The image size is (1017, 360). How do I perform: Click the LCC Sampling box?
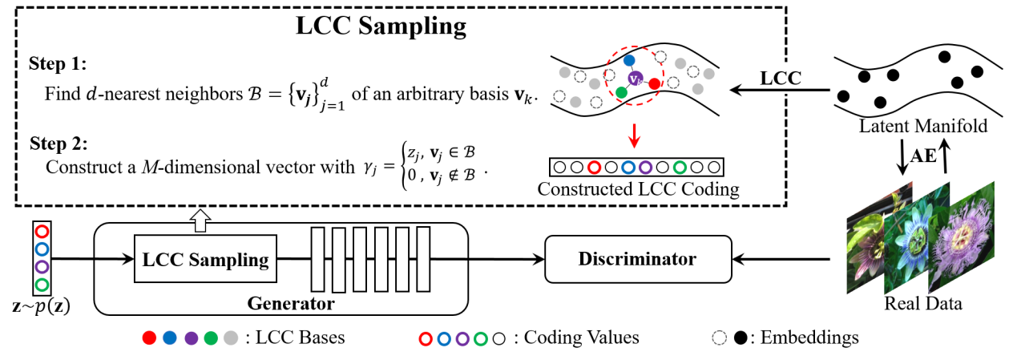pyautogui.click(x=205, y=259)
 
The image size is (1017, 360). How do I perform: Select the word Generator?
pyautogui.click(x=290, y=304)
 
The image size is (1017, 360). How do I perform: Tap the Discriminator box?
pyautogui.click(x=638, y=259)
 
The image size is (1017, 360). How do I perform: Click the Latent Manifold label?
pyautogui.click(x=922, y=127)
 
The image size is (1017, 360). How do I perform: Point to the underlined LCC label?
pyautogui.click(x=781, y=79)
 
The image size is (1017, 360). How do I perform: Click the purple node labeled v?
pyautogui.click(x=636, y=78)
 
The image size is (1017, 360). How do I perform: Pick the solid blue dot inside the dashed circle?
pyautogui.click(x=629, y=60)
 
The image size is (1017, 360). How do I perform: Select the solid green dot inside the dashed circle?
pyautogui.click(x=621, y=93)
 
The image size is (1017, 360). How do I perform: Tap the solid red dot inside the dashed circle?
pyautogui.click(x=654, y=83)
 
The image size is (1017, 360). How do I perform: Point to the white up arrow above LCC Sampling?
pyautogui.click(x=200, y=220)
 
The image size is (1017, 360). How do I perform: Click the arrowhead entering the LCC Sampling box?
pyautogui.click(x=128, y=259)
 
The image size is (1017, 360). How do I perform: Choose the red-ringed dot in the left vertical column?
pyautogui.click(x=42, y=232)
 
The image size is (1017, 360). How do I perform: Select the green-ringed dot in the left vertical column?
pyautogui.click(x=42, y=285)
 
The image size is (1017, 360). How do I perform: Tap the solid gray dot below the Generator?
pyautogui.click(x=231, y=338)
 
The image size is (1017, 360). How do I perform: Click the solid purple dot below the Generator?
pyautogui.click(x=191, y=338)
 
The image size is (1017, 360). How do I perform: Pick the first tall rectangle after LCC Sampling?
pyautogui.click(x=317, y=259)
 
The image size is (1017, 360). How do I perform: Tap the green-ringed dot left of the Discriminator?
pyautogui.click(x=480, y=339)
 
